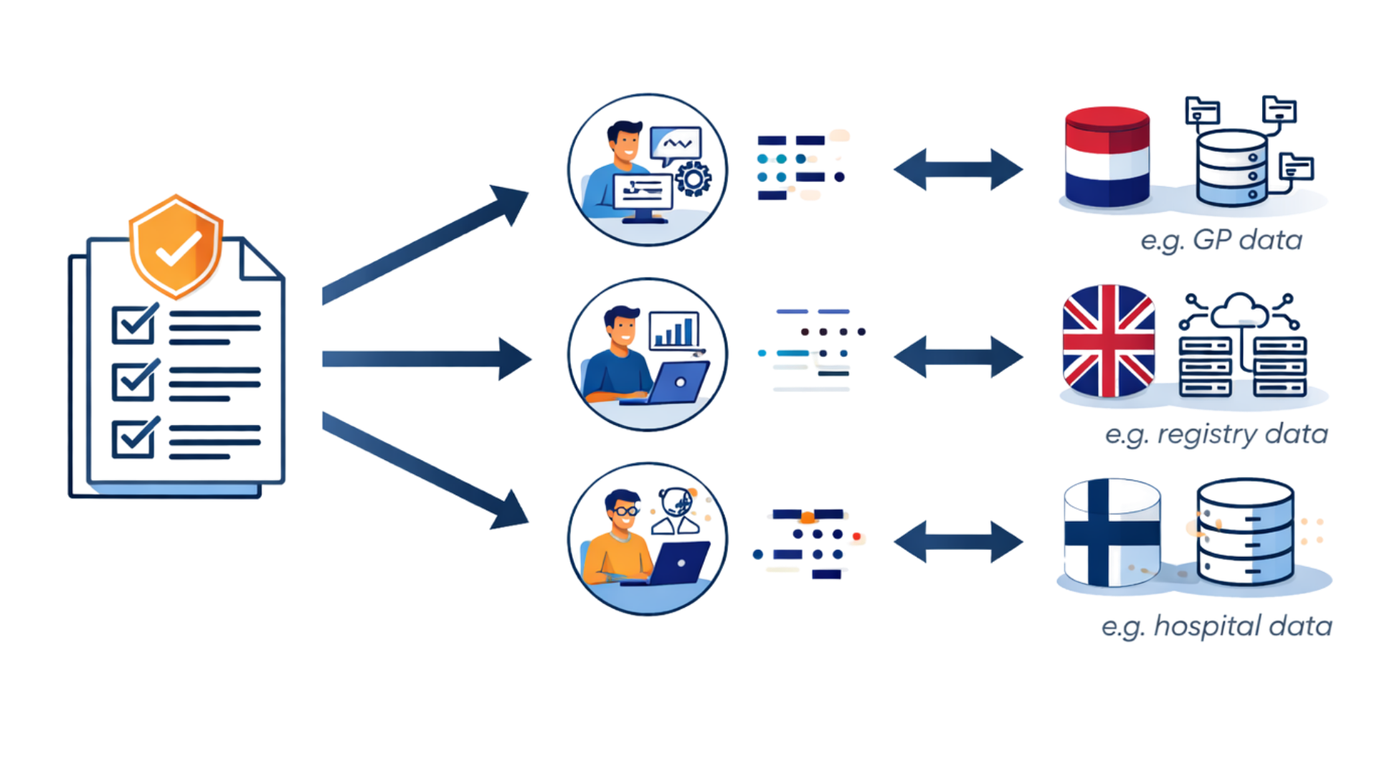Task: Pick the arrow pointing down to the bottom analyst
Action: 423,469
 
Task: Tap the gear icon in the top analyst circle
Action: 693,179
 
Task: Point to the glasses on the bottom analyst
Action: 625,510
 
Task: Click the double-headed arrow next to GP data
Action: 957,170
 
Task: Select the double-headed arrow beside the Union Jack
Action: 957,356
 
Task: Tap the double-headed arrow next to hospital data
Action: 957,541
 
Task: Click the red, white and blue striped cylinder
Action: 1107,158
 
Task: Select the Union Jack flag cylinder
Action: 1108,340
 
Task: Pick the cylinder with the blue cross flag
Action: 1110,532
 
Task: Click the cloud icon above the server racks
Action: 1239,309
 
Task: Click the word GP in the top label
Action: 1212,240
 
